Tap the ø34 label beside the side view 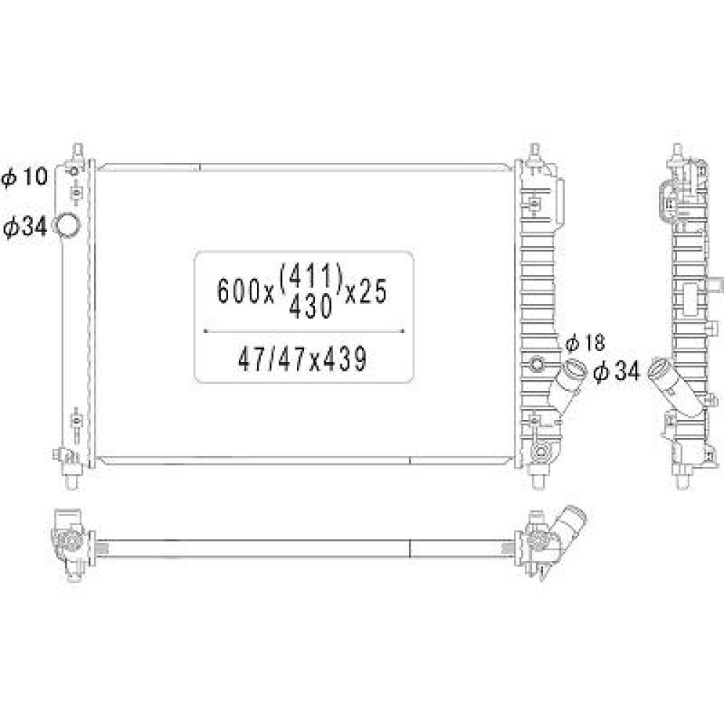(616, 372)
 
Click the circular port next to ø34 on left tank (69, 226)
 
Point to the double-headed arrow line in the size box (304, 331)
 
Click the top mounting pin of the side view (678, 153)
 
